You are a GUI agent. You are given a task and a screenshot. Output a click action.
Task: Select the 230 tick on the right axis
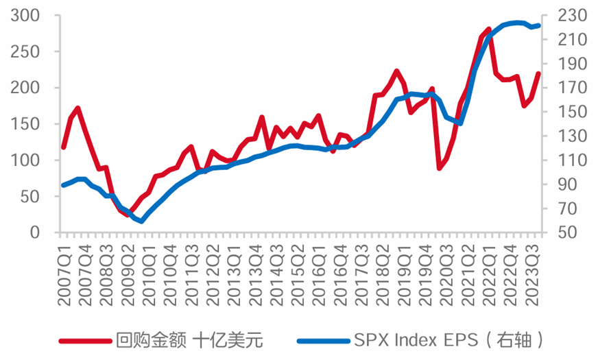point(565,15)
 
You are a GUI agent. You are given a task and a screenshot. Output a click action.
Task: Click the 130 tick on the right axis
point(565,136)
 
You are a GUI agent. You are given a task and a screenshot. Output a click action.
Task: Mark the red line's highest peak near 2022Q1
point(489,29)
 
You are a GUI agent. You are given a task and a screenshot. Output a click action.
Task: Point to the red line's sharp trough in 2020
point(439,168)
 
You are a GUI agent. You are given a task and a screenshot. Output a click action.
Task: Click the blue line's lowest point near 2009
point(141,221)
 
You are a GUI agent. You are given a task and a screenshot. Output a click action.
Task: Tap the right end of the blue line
point(539,25)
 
